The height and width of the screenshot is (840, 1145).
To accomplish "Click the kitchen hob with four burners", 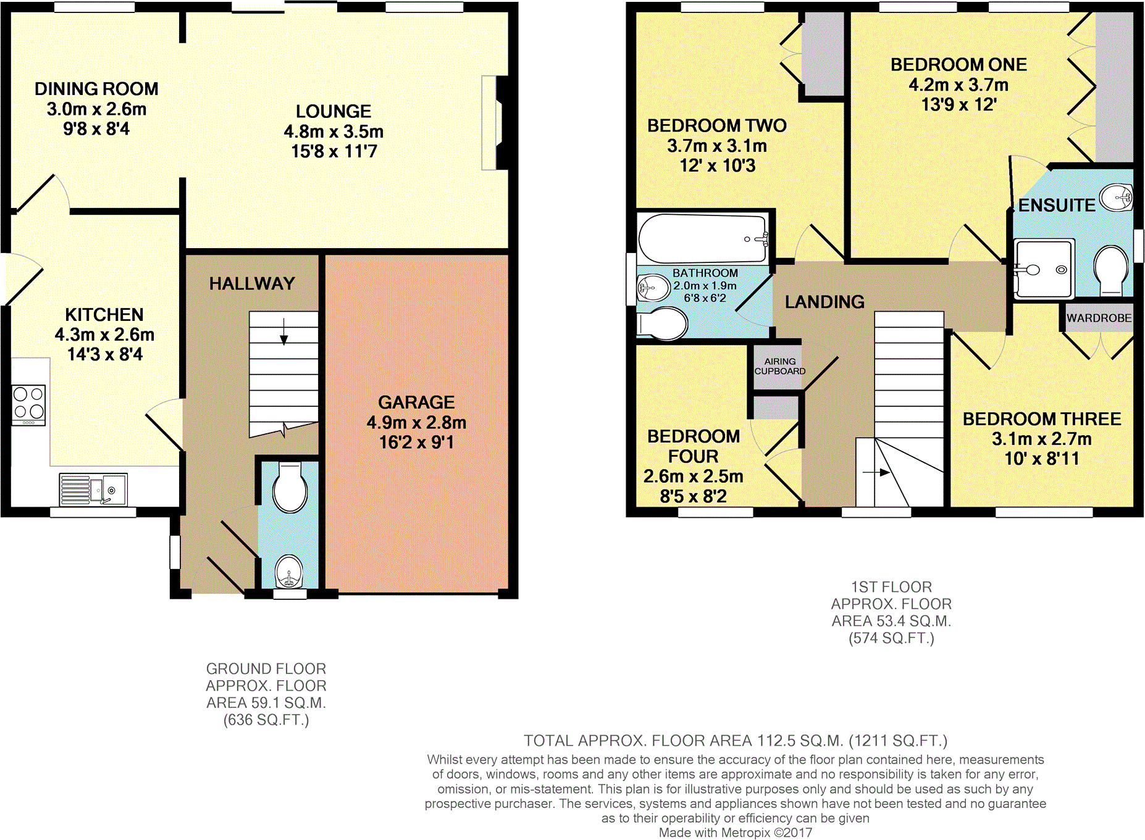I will point(29,405).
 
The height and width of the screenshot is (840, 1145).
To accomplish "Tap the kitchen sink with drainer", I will point(93,489).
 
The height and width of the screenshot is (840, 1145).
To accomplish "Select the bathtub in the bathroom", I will point(703,239).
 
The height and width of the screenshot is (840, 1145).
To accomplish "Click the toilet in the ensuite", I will point(1110,270).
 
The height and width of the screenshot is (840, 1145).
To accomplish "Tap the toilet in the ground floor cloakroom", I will point(290,488).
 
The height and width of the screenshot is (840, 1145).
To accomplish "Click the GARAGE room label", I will point(416,402).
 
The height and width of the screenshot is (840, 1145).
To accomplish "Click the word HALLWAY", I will point(252,283).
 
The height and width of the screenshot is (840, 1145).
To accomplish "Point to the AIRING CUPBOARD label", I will point(779,366).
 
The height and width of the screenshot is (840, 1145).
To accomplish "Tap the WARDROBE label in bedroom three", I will point(1099,318).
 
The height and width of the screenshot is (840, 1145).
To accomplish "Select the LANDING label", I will point(824,302).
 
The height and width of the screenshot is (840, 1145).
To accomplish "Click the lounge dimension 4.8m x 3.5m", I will point(333,131).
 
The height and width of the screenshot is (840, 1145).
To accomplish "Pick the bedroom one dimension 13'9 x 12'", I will point(958,104).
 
